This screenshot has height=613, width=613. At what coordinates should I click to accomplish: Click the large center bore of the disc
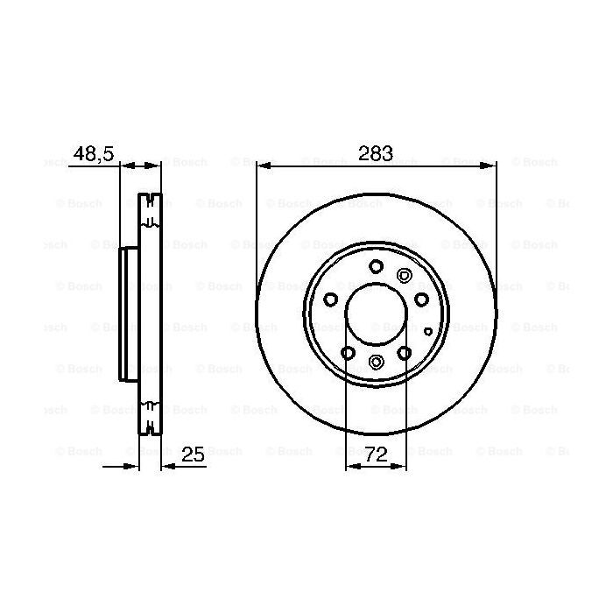coord(376,314)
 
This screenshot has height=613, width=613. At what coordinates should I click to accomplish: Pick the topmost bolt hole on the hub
coord(376,267)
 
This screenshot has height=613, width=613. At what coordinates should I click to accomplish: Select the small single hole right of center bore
coord(427,331)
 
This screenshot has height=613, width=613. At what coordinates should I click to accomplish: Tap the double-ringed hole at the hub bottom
coord(376,363)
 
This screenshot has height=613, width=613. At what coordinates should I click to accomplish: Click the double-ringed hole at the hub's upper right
coord(404,275)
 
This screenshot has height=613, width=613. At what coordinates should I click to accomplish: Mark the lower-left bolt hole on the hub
coord(348,353)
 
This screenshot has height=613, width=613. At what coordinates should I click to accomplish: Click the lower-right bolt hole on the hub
coord(405,353)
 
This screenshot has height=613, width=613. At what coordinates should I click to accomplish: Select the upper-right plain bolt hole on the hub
coord(421,299)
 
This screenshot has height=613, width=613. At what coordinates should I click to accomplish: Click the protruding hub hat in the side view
coord(129,314)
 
